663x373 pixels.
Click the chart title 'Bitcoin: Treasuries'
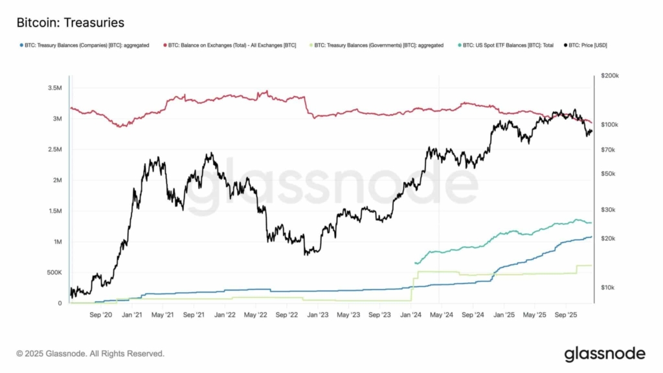70,23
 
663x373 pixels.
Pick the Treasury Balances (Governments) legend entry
376,45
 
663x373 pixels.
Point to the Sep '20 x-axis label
102,315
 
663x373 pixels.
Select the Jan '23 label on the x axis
317,315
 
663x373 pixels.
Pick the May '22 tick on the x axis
255,315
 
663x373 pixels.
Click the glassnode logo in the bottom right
604,354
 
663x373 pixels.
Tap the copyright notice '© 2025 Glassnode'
90,354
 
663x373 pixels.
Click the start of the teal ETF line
415,263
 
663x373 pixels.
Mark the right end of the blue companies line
591,237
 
